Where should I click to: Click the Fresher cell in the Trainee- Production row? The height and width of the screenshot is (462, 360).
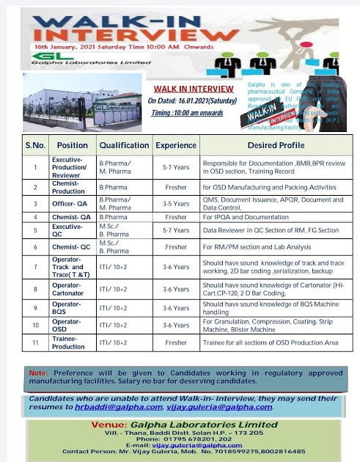coord(175,342)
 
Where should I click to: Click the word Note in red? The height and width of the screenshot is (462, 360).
coord(38,373)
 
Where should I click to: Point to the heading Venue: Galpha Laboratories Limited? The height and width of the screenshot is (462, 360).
coord(180,425)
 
